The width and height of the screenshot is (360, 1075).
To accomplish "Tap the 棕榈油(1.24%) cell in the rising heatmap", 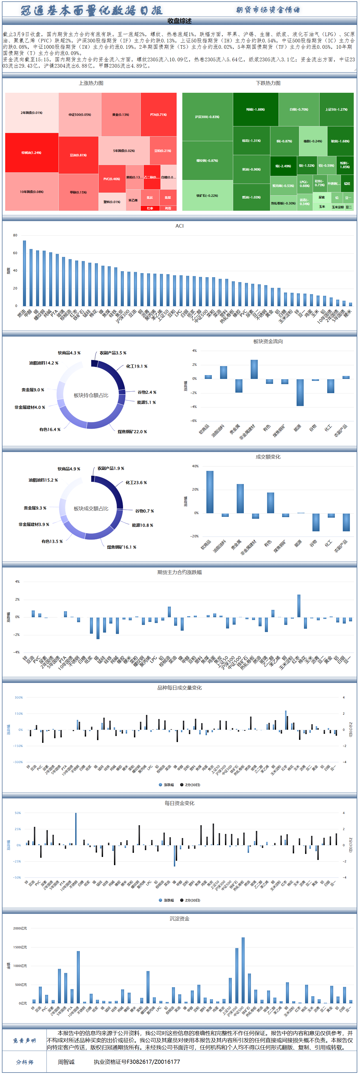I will point(31,153).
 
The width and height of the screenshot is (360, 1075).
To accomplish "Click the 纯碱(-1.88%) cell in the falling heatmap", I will point(255,109).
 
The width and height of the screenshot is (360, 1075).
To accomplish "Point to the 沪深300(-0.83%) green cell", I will point(207,117).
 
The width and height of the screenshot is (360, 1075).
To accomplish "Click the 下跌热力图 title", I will point(268,83).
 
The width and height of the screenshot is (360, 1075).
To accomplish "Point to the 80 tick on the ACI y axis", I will point(15,235).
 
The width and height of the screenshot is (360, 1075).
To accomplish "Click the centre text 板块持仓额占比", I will point(91,395).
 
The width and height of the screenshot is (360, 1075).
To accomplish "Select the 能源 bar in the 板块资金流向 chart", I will point(300,392).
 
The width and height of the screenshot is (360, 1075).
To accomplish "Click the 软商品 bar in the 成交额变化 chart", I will point(210,492).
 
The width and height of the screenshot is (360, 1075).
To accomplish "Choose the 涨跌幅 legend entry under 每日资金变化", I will point(166,900).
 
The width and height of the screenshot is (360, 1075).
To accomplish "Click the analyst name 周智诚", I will point(66,1062).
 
